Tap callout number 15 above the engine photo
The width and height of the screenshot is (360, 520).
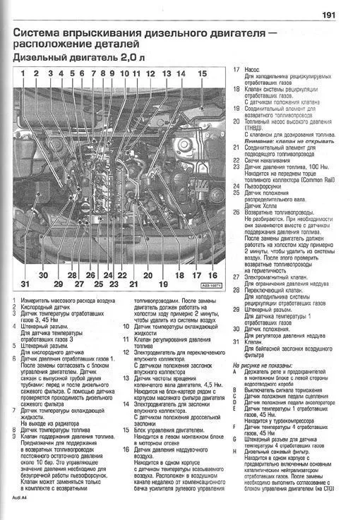coord(203,73)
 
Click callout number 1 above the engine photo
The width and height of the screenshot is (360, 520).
coord(23,73)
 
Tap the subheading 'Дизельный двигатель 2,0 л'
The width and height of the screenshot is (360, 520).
coord(80,58)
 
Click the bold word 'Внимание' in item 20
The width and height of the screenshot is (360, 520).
coord(260,141)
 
